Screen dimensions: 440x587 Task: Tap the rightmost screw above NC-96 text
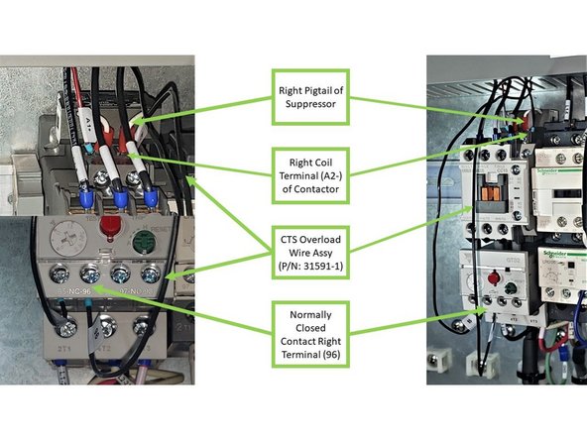[153, 274]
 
